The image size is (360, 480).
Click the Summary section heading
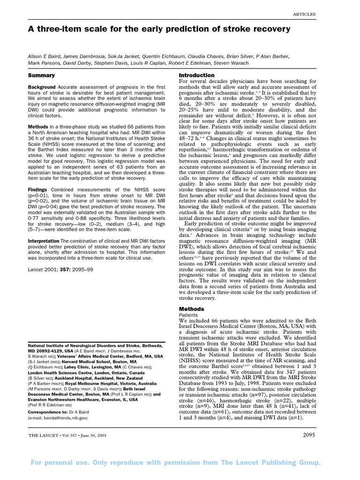(41, 75)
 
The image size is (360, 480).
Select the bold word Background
(42, 87)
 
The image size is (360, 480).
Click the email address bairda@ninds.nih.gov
(58, 404)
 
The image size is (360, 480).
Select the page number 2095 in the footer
(307, 435)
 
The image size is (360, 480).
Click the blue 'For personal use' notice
(176, 463)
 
